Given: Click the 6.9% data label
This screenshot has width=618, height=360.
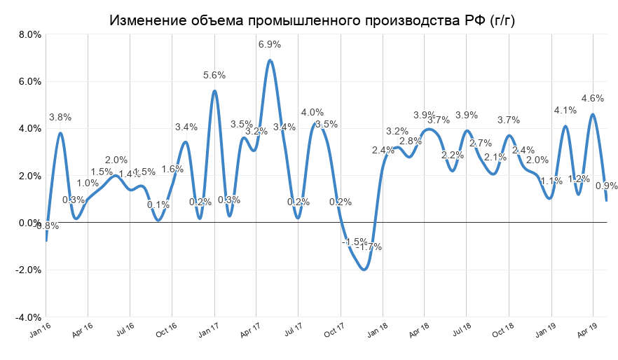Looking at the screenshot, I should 270,45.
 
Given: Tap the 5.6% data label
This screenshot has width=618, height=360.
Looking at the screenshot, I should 214,76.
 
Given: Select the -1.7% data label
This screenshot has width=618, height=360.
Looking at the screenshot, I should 369,247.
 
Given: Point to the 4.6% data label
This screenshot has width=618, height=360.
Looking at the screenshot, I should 593,99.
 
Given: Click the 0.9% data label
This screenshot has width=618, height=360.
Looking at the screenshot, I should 606,186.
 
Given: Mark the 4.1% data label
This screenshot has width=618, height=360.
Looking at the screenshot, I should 565,110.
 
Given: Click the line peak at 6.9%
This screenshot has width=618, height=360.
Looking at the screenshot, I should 270,60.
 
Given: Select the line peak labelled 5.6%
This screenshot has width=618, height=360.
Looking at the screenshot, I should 214,91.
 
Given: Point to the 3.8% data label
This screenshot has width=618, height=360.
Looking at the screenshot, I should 60,118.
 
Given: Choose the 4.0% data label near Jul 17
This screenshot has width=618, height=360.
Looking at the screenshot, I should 312,112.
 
